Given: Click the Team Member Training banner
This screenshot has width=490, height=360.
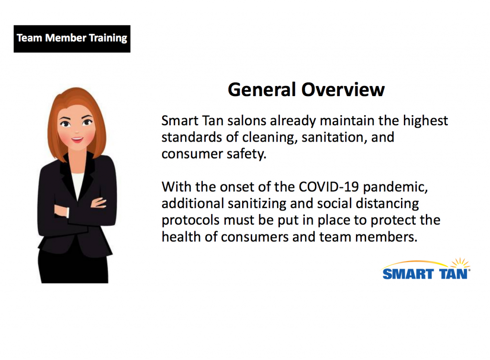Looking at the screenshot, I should pyautogui.click(x=72, y=38).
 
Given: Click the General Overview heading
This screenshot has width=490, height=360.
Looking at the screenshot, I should pyautogui.click(x=306, y=89).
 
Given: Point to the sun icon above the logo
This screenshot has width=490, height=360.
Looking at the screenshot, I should pyautogui.click(x=460, y=262).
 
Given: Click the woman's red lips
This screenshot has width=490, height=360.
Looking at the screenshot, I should pyautogui.click(x=77, y=140).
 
